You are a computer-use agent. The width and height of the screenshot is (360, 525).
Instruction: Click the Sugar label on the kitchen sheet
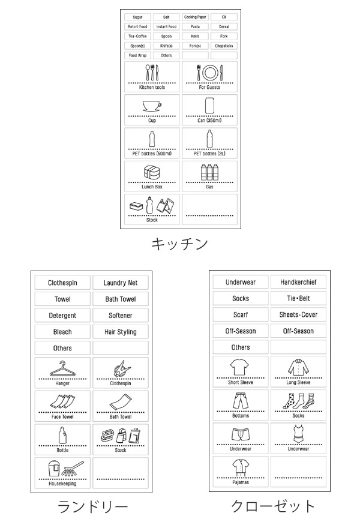coord(137,17)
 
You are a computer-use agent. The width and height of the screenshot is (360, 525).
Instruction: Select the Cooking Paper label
coord(195,17)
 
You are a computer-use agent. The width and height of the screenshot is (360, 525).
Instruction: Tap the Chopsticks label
coord(224,46)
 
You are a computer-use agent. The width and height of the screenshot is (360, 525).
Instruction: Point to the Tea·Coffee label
coord(137,36)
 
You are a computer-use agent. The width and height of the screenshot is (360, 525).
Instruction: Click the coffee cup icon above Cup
coord(152,106)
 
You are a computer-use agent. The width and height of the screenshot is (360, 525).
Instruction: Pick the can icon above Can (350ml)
coord(209,105)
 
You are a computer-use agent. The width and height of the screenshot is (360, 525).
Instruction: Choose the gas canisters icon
coord(209,172)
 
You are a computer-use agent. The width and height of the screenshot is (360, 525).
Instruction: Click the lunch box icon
coord(152,173)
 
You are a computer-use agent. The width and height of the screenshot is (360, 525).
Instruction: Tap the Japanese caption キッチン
coord(179,244)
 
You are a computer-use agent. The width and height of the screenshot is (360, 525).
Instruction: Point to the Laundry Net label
coord(121,283)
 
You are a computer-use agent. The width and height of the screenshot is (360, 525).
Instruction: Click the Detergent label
coord(62,316)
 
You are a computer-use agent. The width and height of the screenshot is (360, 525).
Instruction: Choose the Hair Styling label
coord(121,332)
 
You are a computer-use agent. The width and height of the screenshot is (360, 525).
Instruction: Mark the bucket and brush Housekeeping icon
coord(62,469)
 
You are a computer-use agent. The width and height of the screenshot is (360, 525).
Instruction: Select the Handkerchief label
coord(298,282)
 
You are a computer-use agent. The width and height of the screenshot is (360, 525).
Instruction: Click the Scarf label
coord(241,314)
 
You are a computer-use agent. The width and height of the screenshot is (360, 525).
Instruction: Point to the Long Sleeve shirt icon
coord(298,367)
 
